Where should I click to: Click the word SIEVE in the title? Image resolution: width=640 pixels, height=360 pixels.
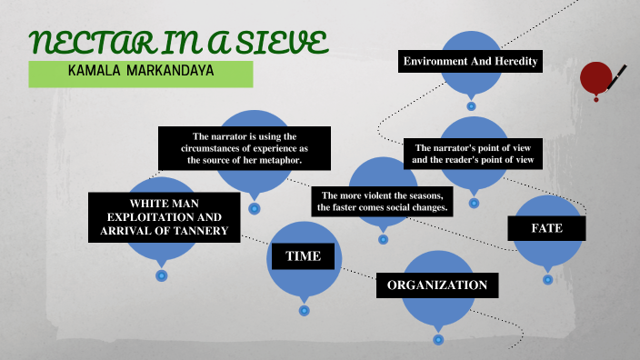click(x=278, y=43)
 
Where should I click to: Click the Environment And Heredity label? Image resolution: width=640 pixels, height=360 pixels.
click(x=471, y=62)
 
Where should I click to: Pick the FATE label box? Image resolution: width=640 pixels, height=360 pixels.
click(x=546, y=228)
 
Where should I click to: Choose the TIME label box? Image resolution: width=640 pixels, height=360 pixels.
click(x=303, y=256)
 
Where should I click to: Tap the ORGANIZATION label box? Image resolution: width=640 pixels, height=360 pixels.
click(x=437, y=285)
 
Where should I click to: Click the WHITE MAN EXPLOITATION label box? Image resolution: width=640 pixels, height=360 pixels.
click(x=164, y=218)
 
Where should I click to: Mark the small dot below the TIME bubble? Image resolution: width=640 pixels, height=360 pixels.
click(x=304, y=310)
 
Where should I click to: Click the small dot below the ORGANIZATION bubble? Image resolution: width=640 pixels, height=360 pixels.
click(x=438, y=339)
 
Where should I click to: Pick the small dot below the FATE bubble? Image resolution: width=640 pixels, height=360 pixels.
click(x=547, y=280)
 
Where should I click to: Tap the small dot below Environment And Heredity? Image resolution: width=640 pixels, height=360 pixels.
click(x=471, y=105)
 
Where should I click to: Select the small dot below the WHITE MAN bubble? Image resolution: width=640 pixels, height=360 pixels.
click(x=162, y=275)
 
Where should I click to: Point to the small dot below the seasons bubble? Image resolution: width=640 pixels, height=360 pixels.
click(x=383, y=239)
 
